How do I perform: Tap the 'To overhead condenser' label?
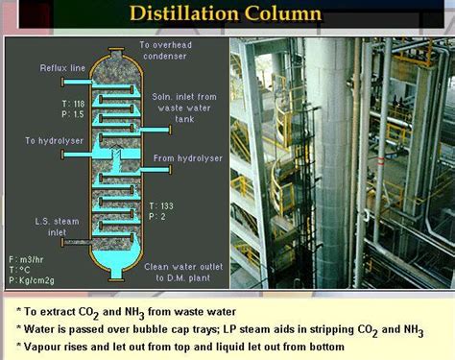pyautogui.click(x=172, y=51)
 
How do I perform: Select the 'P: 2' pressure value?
pyautogui.click(x=158, y=217)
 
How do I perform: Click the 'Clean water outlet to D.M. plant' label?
pyautogui.click(x=184, y=272)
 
